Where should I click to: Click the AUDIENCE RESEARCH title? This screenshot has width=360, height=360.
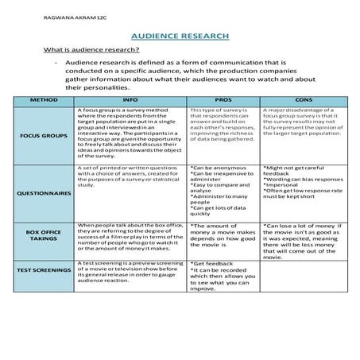click(180, 37)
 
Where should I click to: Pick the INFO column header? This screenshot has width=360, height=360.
click(131, 101)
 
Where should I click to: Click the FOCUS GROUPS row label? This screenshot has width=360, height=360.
click(43, 135)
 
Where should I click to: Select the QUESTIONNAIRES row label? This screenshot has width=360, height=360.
click(43, 193)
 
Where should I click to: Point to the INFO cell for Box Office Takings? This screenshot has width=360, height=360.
click(131, 238)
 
